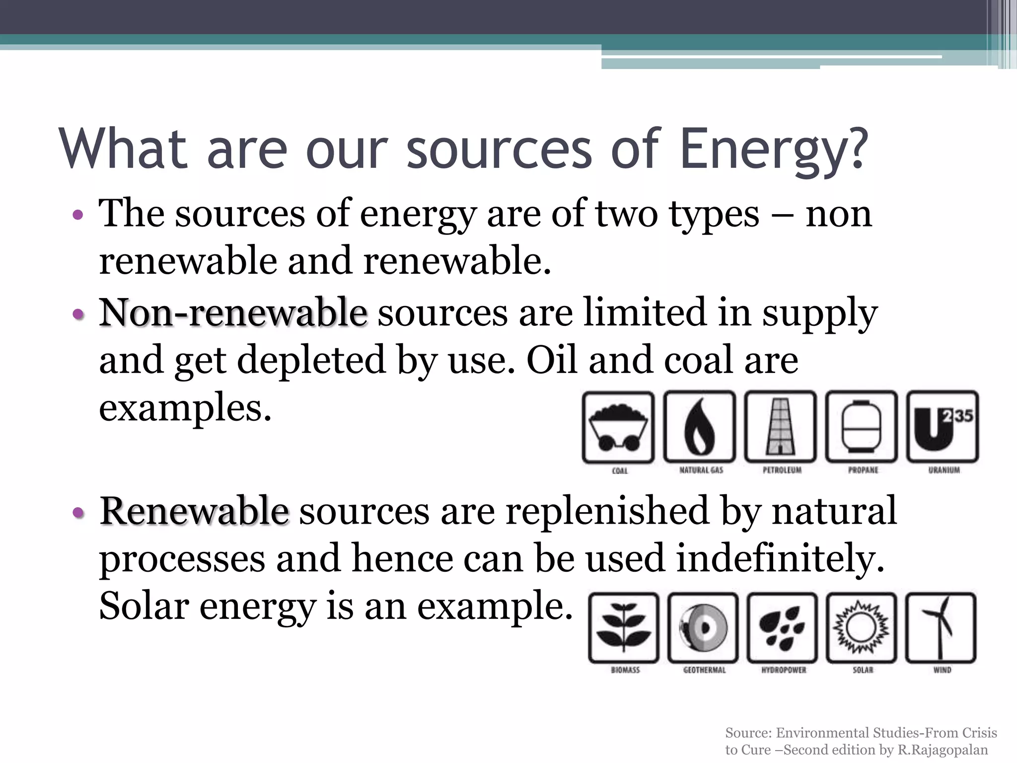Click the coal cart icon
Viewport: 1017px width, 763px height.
pos(618,427)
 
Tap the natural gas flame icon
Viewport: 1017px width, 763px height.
pos(700,427)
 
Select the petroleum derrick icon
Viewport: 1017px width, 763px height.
pos(780,427)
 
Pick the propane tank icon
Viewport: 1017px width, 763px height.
pos(862,427)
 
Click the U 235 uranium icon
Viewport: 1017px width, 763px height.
pos(943,427)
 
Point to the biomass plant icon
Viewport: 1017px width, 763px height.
pos(624,628)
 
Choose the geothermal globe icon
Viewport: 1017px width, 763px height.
pos(703,628)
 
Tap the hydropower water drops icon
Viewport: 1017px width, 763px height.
pos(782,628)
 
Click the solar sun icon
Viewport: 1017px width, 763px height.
pos(862,628)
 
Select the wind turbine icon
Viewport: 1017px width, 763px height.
pos(941,628)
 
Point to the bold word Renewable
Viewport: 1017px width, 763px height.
pos(194,511)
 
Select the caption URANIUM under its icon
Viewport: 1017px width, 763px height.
pos(944,470)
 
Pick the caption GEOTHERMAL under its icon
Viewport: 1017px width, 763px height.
pos(704,670)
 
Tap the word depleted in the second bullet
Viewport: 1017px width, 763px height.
pos(311,360)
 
